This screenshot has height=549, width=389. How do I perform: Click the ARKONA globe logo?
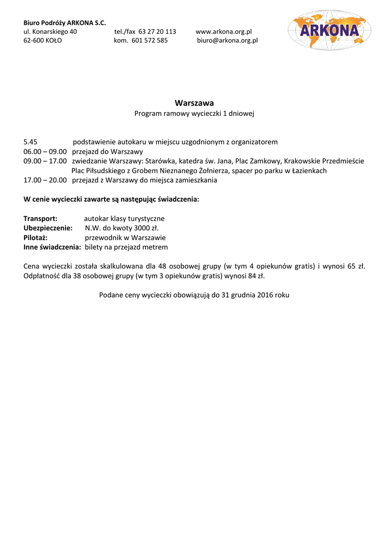pos(329,30)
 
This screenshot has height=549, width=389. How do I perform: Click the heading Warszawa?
pos(194,102)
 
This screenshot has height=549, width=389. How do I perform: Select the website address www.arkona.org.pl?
pos(224,32)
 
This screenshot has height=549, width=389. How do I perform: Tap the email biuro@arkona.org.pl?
pos(227,40)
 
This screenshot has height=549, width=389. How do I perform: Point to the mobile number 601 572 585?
pos(149,40)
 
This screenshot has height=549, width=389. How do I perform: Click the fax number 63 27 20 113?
pos(157,32)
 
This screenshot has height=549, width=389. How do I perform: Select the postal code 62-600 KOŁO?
pos(42,40)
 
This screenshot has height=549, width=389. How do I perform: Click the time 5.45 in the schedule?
pos(31,142)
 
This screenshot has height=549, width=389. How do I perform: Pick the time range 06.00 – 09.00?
pos(45,152)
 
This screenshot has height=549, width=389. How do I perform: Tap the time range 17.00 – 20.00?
pos(45,180)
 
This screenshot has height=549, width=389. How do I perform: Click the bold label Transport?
pos(40,219)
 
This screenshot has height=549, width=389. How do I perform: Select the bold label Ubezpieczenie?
pos(48,228)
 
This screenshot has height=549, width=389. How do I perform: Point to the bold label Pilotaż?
pos(35,238)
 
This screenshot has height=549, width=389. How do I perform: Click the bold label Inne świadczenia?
pos(52,247)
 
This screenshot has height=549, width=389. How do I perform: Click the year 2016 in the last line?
pos(265,295)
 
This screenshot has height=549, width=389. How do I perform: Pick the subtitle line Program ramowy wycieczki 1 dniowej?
pos(194,114)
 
